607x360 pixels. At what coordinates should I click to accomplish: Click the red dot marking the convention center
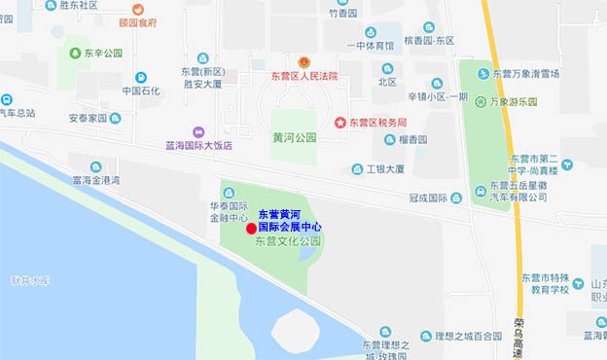(x=251, y=229)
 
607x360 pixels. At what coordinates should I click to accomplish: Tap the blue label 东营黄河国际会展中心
(x=290, y=219)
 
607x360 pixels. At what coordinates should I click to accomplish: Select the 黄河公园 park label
(x=295, y=138)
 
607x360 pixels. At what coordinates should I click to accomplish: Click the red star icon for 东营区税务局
(x=339, y=123)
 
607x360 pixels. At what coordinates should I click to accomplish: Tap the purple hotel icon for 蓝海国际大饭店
(x=199, y=131)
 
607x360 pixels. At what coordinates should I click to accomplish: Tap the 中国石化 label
(x=142, y=91)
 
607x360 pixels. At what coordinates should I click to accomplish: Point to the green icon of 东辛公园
(x=74, y=53)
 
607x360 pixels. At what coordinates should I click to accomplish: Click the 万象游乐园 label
(x=521, y=101)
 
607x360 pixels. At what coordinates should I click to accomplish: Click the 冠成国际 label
(x=427, y=198)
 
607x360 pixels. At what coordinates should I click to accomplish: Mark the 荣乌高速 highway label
(x=518, y=338)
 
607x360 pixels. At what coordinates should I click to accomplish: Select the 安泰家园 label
(x=87, y=120)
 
